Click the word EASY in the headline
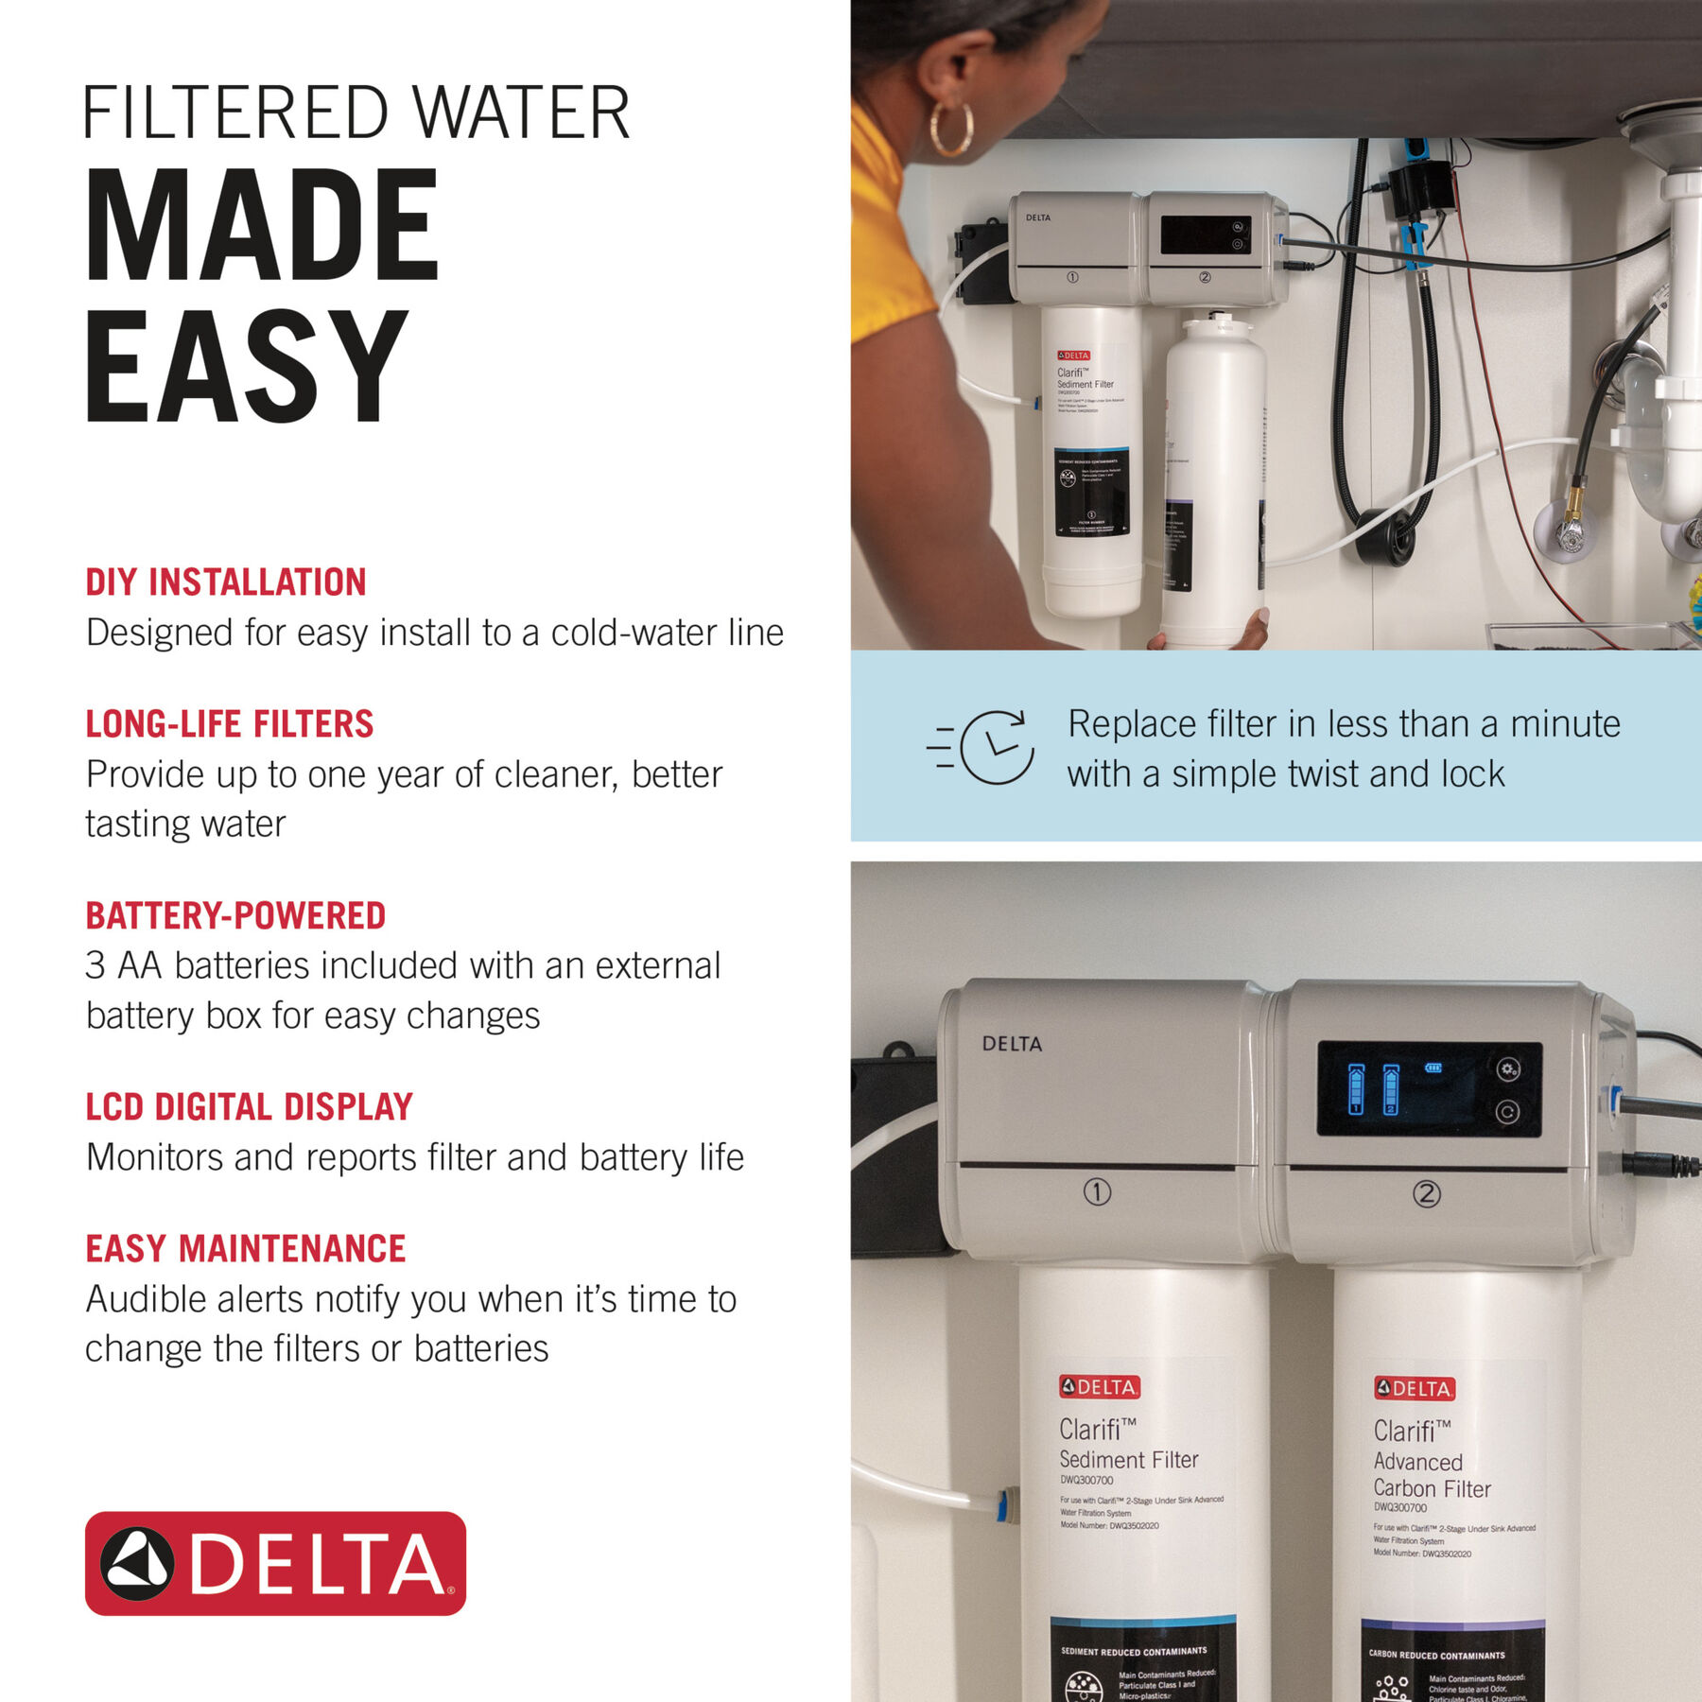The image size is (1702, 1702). [x=246, y=367]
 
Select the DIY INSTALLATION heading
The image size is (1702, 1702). [x=225, y=582]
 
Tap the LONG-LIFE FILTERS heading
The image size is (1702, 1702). [x=229, y=724]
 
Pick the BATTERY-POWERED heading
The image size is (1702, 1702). [x=235, y=915]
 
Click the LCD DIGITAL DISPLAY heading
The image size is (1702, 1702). [x=249, y=1106]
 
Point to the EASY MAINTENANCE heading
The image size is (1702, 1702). [x=245, y=1248]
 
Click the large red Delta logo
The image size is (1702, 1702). [x=275, y=1563]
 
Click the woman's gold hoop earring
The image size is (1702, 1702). [x=950, y=130]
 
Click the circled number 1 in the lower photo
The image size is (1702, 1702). [x=1097, y=1192]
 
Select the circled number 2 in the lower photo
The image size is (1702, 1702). [x=1426, y=1194]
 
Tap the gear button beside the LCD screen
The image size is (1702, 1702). [x=1508, y=1069]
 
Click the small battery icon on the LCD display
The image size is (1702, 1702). [x=1433, y=1068]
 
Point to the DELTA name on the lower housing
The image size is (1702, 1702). [x=1012, y=1044]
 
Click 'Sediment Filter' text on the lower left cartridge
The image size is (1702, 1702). [x=1128, y=1459]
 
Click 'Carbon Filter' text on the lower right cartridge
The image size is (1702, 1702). [x=1432, y=1488]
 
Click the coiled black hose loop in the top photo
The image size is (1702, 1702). [x=1386, y=539]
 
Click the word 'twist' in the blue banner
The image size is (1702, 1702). [x=1315, y=773]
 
